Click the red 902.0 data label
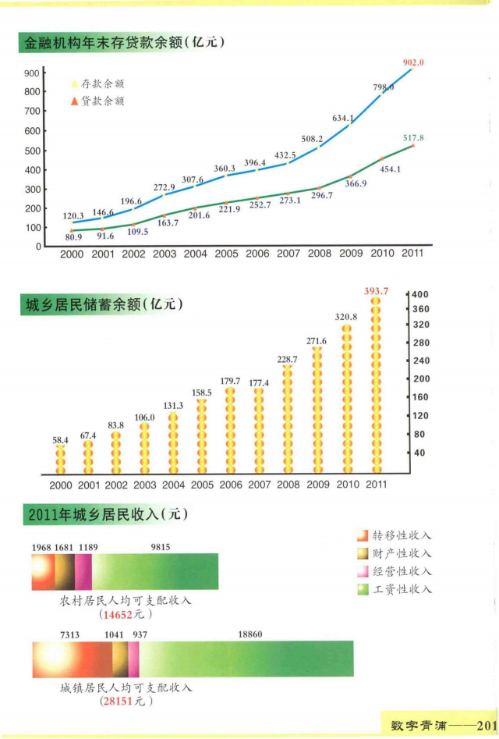point(413,62)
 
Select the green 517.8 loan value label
point(413,137)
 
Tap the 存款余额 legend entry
point(97,84)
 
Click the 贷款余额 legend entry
point(97,101)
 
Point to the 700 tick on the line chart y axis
point(32,112)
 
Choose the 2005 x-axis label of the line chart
point(226,254)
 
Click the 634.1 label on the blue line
point(343,118)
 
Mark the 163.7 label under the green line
point(168,222)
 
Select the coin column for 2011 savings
point(376,385)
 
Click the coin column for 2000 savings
point(61,460)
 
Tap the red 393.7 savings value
point(376,291)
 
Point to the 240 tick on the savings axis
point(421,361)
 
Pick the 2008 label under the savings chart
point(288,485)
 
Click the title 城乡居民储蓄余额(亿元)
point(104,304)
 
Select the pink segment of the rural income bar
point(83,572)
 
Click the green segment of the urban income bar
point(246,659)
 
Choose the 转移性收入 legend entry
point(395,535)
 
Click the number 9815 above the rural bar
point(161,547)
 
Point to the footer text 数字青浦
point(419,725)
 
